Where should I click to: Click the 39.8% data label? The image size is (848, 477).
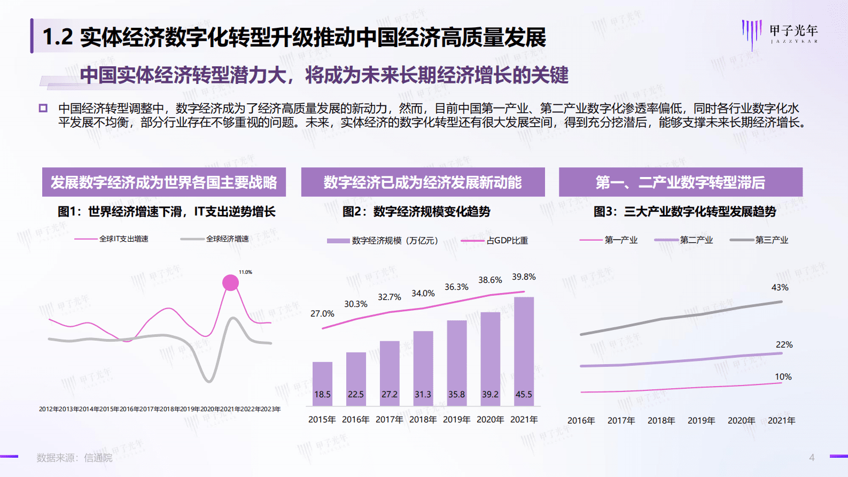524,277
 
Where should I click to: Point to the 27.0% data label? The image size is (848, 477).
322,314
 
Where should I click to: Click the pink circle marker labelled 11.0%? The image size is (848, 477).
230,282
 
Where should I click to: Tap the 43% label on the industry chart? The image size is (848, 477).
780,288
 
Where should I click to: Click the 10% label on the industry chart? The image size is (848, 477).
783,377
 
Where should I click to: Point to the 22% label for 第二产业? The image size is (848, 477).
784,345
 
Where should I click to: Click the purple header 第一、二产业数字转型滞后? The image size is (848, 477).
680,182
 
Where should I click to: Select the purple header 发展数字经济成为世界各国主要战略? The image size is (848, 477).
164,182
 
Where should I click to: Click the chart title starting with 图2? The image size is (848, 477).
416,212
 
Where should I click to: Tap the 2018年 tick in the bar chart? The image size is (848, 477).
423,420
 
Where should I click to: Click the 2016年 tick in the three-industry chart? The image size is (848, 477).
581,421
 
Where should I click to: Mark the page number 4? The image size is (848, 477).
812,457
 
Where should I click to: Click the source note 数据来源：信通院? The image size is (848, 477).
74,458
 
